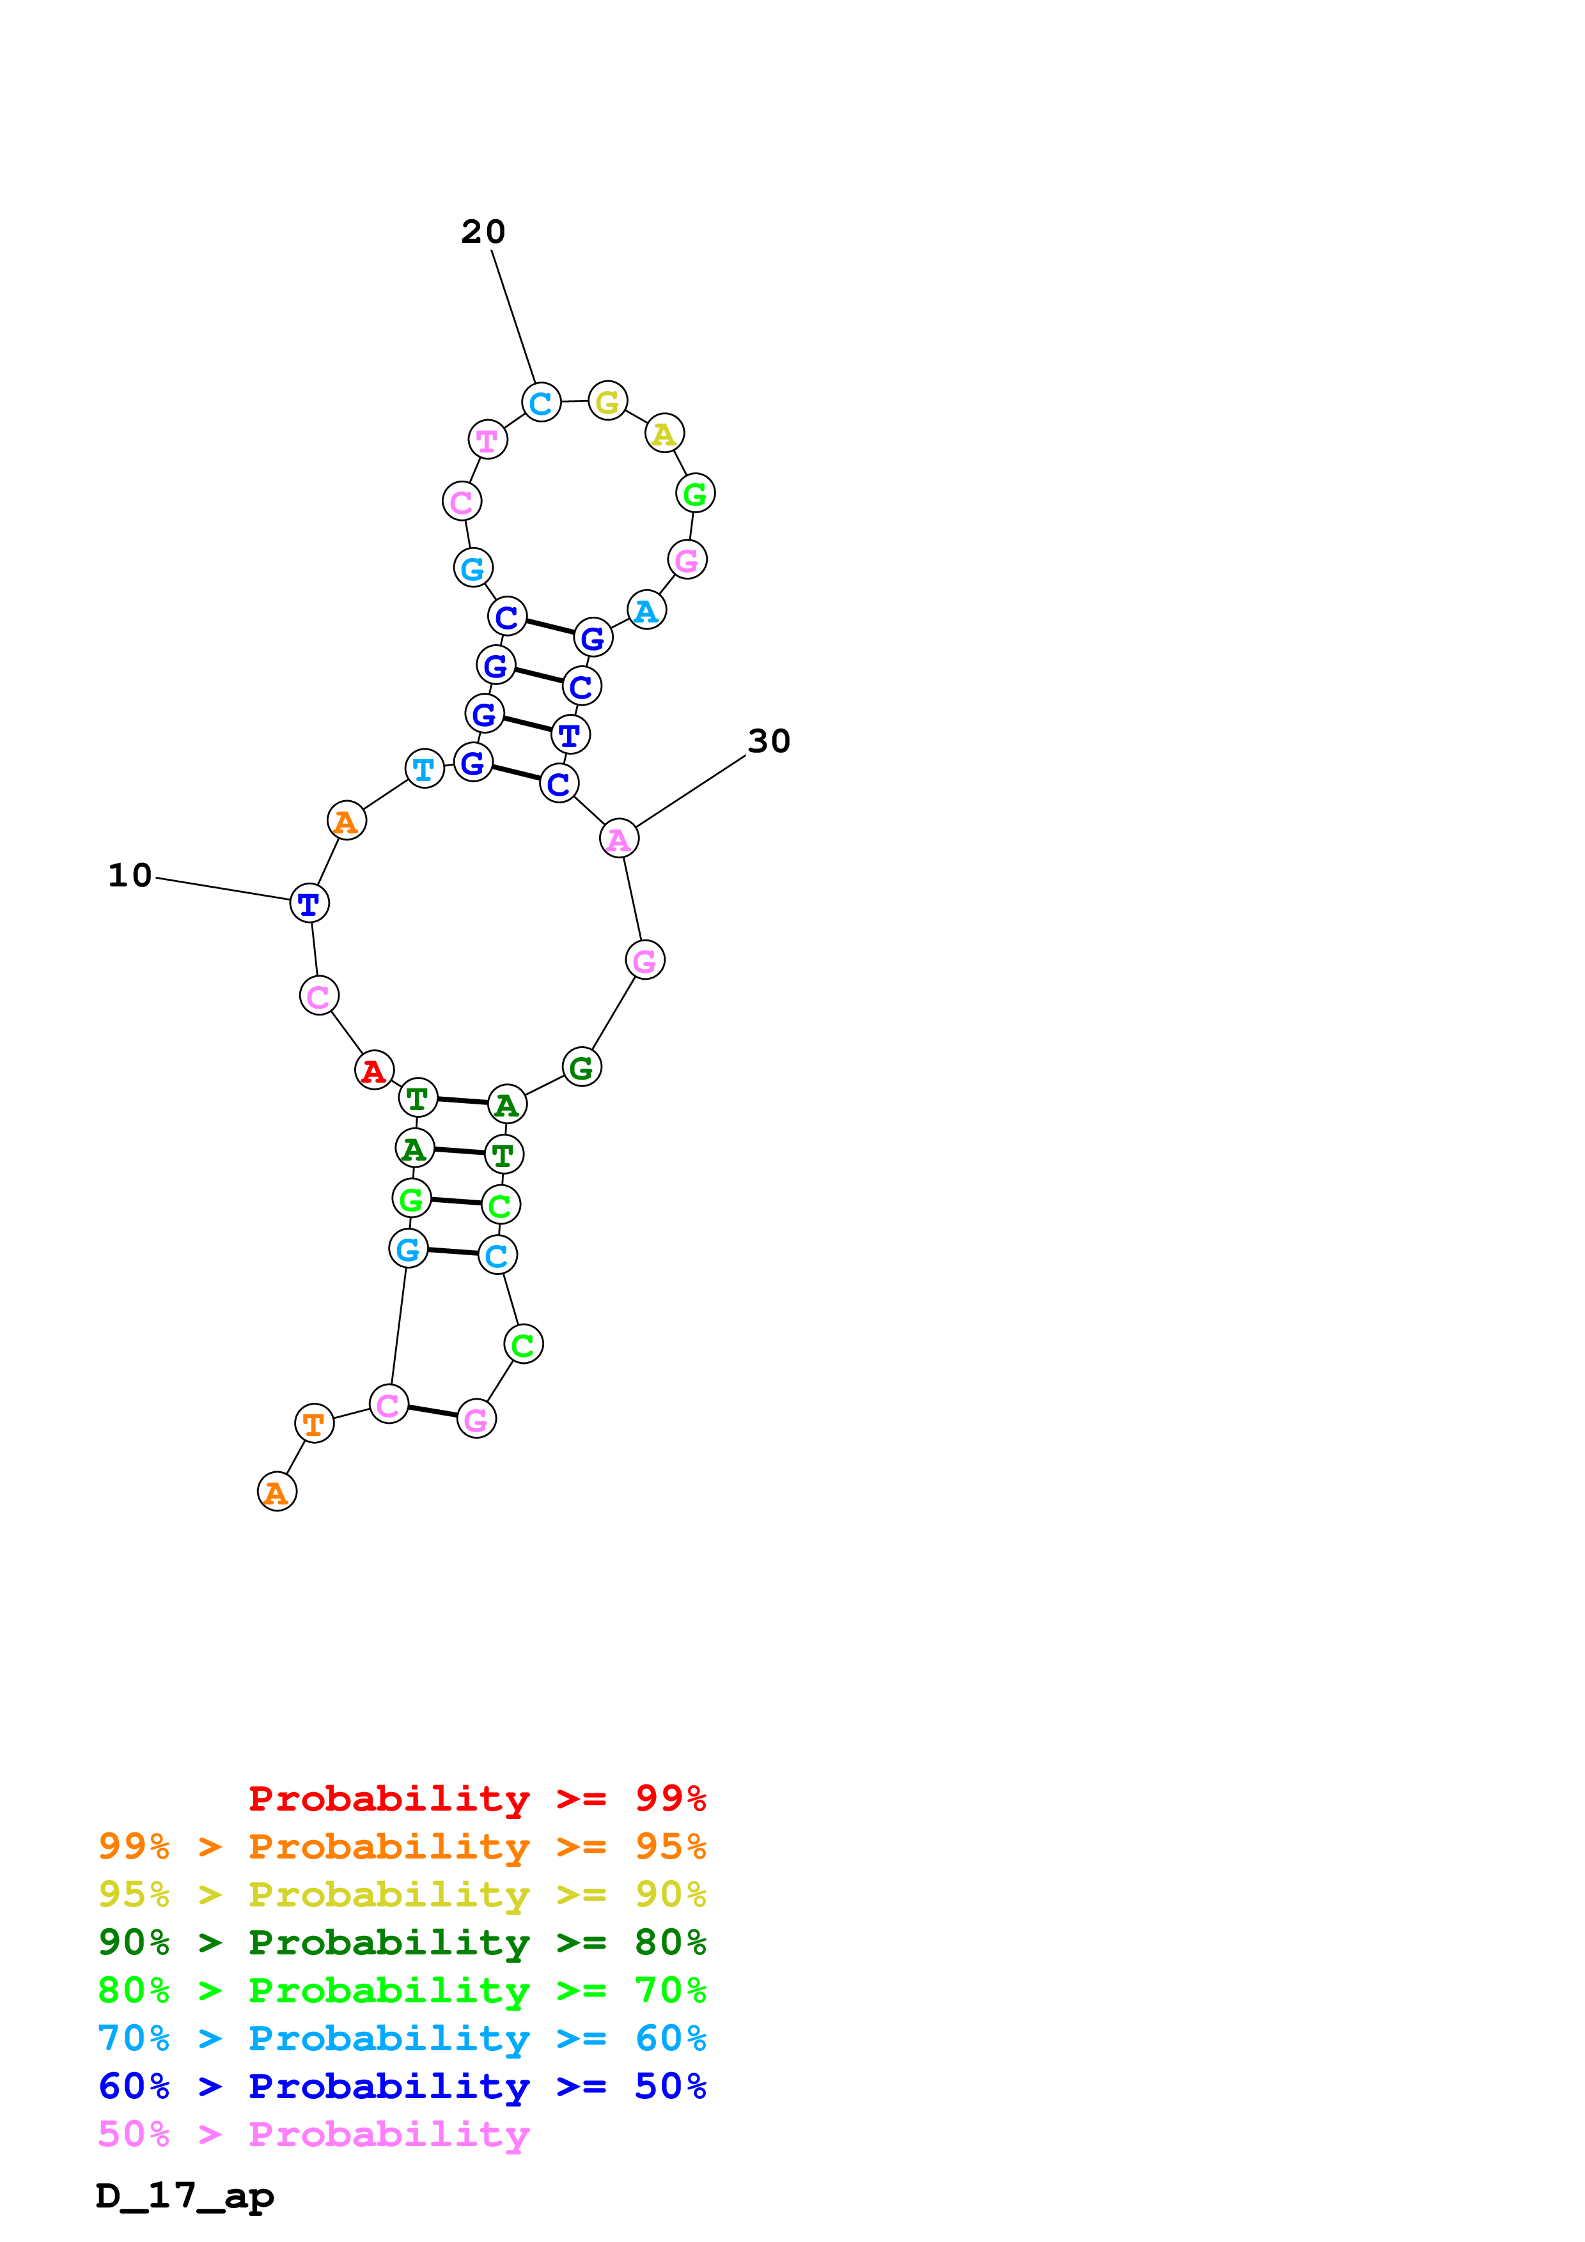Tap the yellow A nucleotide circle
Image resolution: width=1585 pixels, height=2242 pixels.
pyautogui.click(x=664, y=433)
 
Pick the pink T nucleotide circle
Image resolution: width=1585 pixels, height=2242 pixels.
pyautogui.click(x=487, y=440)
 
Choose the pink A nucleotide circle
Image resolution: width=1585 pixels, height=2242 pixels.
pyautogui.click(x=619, y=838)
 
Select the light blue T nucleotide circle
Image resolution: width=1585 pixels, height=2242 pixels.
pyautogui.click(x=424, y=768)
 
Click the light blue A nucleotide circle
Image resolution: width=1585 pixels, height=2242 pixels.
pyautogui.click(x=646, y=610)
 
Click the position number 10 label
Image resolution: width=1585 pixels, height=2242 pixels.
pyautogui.click(x=130, y=875)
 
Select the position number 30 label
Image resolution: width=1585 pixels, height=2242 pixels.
pyautogui.click(x=769, y=741)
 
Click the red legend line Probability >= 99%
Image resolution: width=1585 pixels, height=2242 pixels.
pyautogui.click(x=476, y=1798)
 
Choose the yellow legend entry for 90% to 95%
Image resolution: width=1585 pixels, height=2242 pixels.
pyautogui.click(x=402, y=1894)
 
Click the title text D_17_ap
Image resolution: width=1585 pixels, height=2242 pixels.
pyautogui.click(x=185, y=2195)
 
